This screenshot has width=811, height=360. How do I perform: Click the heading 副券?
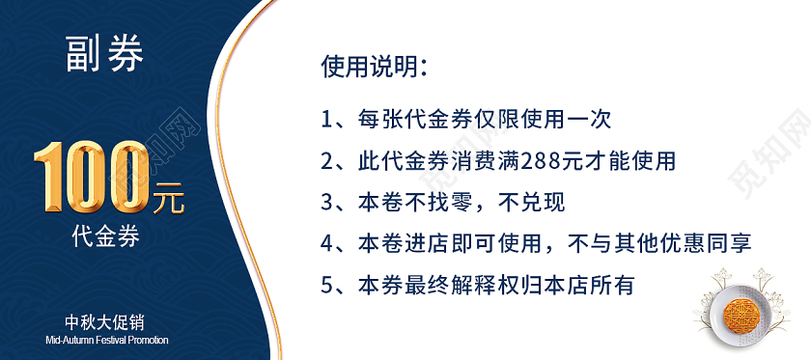click(105, 55)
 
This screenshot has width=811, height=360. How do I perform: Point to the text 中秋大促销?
click(105, 321)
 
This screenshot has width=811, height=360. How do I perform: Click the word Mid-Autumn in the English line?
click(68, 340)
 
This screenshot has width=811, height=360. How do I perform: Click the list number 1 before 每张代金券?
click(327, 120)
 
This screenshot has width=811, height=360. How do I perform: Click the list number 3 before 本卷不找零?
click(327, 203)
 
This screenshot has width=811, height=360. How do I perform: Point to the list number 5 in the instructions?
click(327, 286)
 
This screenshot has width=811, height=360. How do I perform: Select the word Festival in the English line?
click(107, 340)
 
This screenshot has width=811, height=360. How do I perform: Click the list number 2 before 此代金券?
click(327, 161)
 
